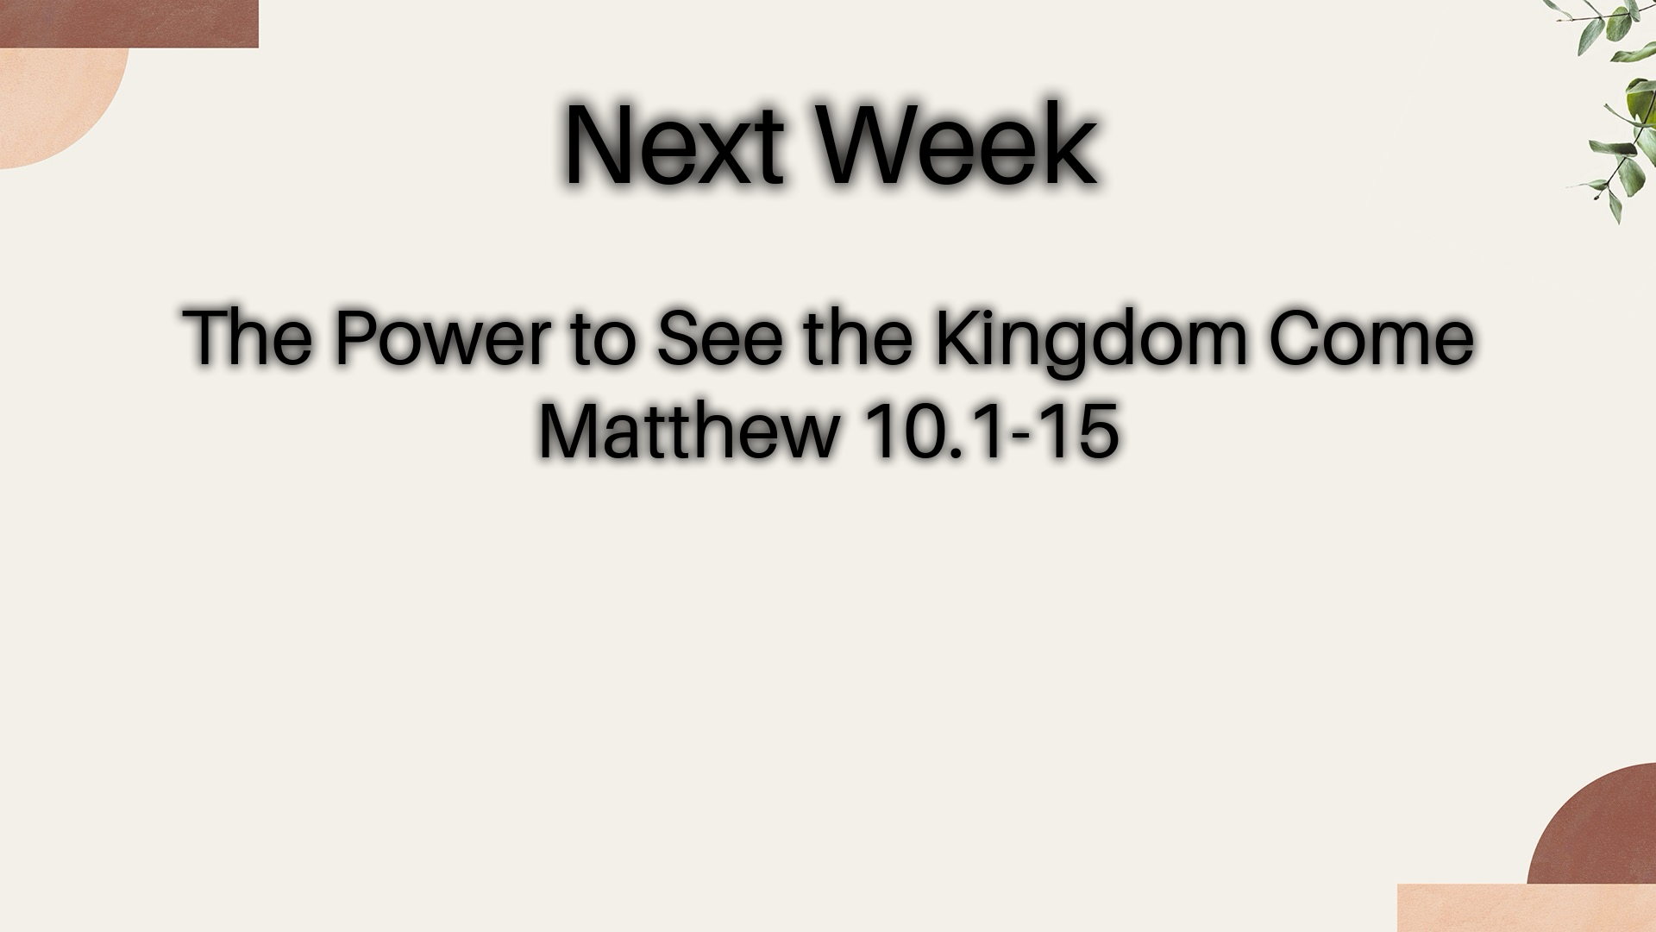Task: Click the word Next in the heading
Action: tap(674, 144)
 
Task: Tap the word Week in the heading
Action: tap(957, 144)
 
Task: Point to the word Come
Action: tap(1371, 337)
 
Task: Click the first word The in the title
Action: tap(248, 337)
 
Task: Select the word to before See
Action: tap(603, 339)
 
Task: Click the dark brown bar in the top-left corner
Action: tap(129, 23)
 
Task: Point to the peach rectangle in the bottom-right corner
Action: tap(1527, 908)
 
